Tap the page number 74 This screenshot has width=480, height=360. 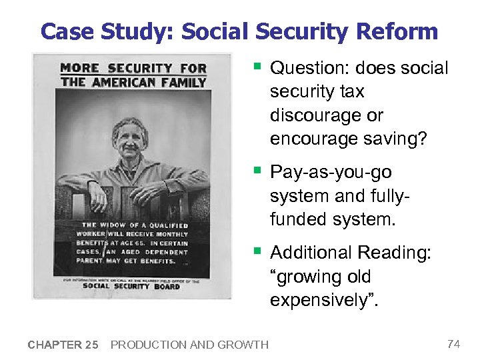pos(453,344)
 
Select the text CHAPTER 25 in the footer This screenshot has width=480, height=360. pos(63,345)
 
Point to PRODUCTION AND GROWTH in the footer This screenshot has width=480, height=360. pos(189,345)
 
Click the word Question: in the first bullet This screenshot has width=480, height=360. pos(311,68)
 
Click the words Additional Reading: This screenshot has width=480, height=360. pos(351,253)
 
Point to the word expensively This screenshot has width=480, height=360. pos(320,300)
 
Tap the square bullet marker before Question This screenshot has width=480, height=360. pos(257,67)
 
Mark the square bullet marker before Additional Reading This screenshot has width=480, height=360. pos(257,251)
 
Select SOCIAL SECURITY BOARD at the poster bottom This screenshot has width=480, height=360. pos(131,286)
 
